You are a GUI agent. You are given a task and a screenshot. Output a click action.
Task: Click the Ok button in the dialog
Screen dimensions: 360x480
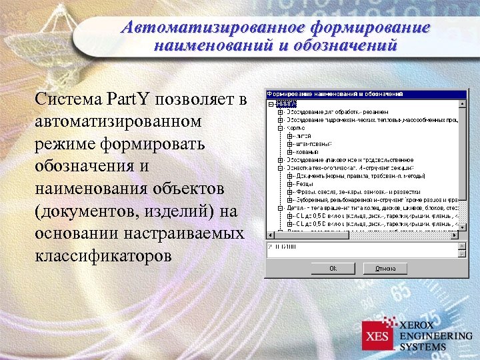coord(332,268)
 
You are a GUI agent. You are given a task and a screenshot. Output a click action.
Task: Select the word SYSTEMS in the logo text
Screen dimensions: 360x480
coord(423,347)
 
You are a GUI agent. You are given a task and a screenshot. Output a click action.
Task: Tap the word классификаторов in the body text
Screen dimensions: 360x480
coord(106,255)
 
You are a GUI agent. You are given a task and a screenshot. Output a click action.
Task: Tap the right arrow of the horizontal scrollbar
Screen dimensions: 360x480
coord(454,234)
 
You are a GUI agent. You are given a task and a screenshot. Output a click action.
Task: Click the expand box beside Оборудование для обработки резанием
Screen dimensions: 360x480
coord(280,112)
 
